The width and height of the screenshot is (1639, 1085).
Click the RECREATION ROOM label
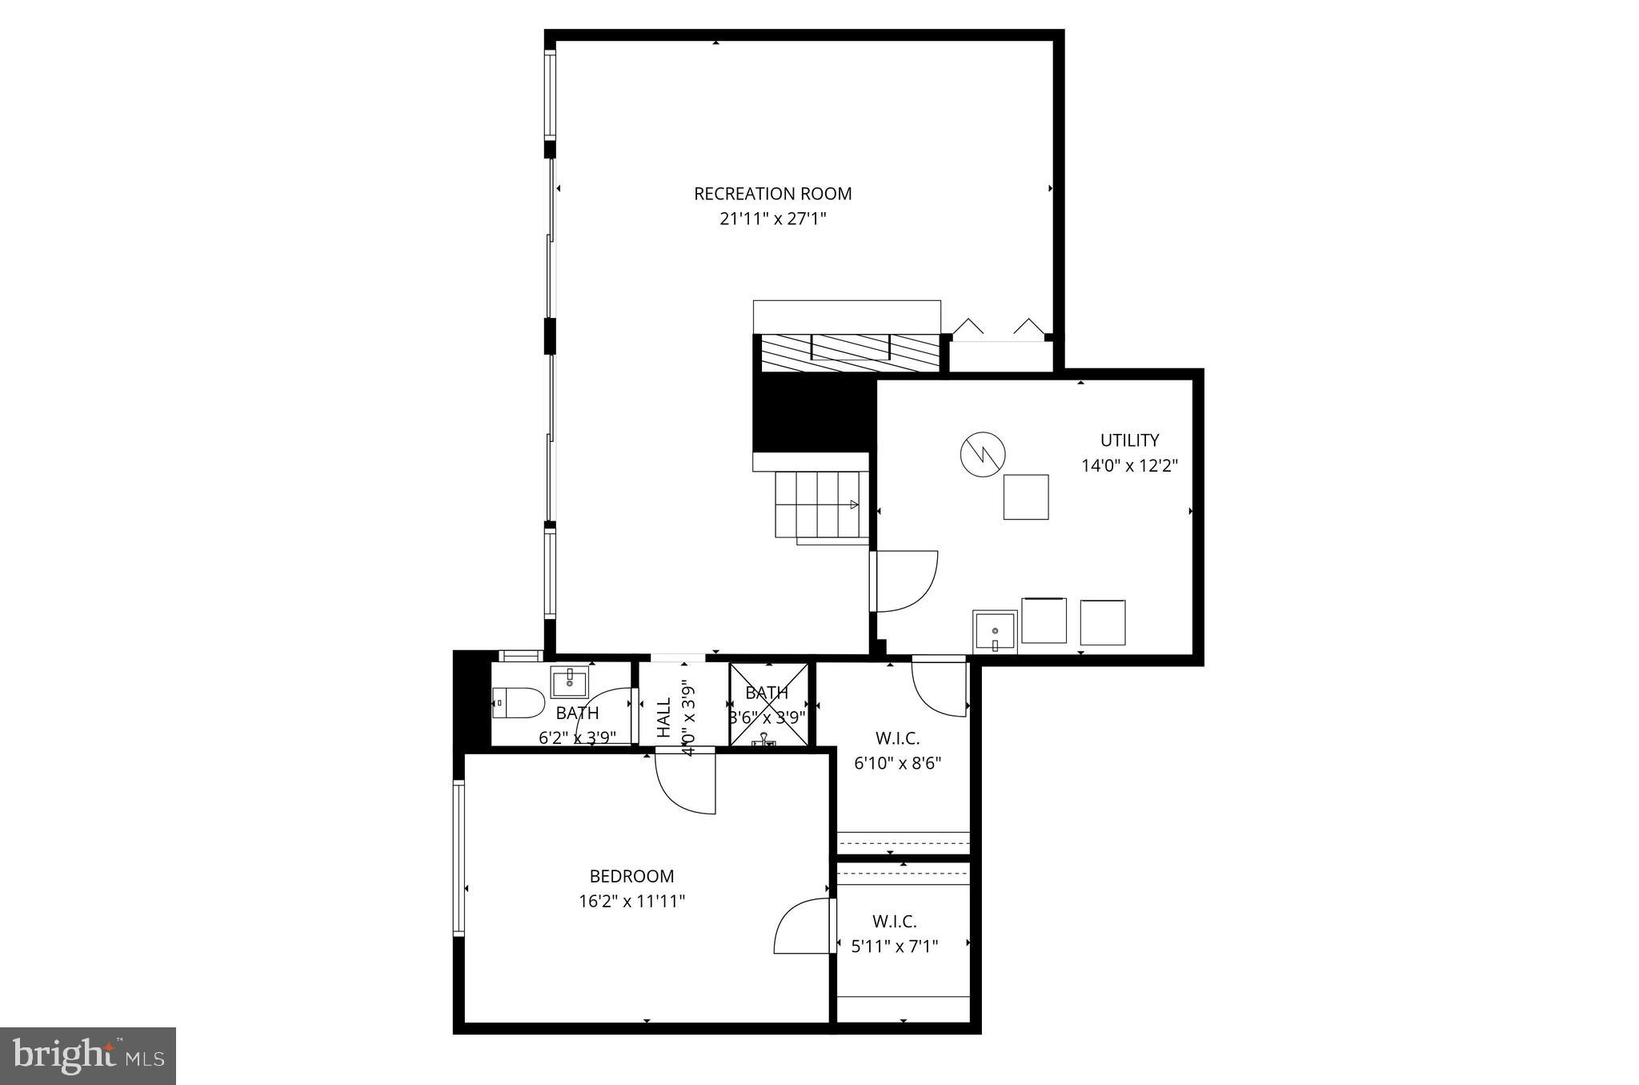(x=772, y=194)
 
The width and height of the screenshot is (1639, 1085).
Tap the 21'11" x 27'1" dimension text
(x=772, y=219)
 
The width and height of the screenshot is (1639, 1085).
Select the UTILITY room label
(x=1129, y=440)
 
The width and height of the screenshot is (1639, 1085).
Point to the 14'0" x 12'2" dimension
(x=1129, y=466)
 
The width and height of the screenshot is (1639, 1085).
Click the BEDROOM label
(x=631, y=877)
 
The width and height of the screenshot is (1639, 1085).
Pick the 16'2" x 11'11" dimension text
(x=631, y=902)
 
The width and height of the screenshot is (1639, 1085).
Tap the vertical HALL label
(x=664, y=717)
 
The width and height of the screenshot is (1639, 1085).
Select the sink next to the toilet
(x=569, y=683)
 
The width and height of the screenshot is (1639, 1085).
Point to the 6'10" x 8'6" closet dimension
(x=897, y=764)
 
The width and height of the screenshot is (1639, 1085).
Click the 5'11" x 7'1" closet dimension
(x=894, y=946)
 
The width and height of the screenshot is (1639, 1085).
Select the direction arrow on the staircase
(x=853, y=504)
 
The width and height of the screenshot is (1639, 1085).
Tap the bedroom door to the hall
(x=686, y=783)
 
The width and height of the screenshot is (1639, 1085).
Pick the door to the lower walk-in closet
(x=803, y=926)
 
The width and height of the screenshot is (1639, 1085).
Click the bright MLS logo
(x=88, y=1056)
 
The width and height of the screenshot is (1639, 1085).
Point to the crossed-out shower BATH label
(x=767, y=693)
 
